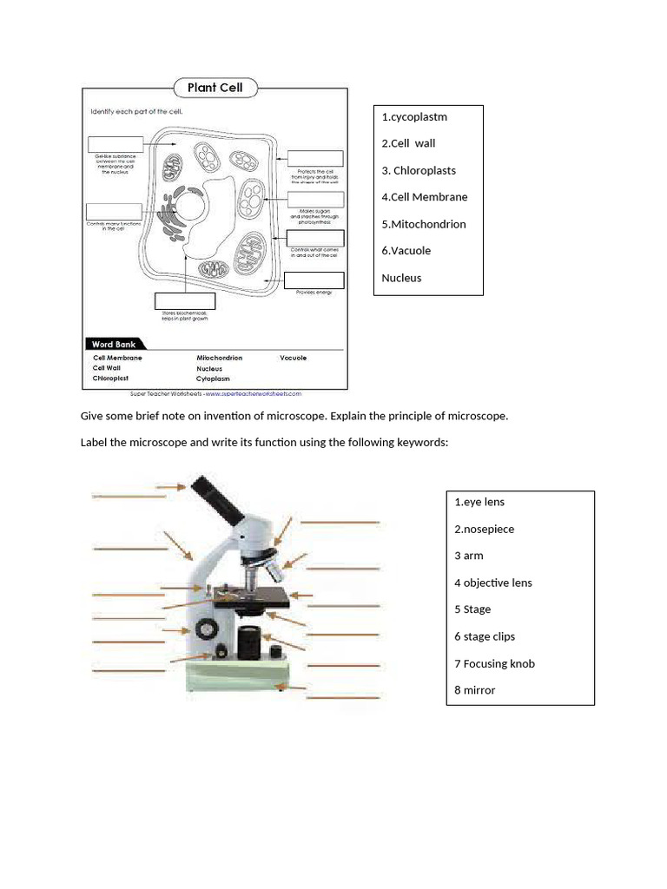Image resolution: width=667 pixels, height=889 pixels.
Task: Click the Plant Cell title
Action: pyautogui.click(x=215, y=88)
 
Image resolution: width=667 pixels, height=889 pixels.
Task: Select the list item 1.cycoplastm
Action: pyautogui.click(x=414, y=117)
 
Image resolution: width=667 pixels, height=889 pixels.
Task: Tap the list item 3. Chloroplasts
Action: pyautogui.click(x=419, y=170)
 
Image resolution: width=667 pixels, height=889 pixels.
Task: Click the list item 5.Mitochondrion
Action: pyautogui.click(x=424, y=224)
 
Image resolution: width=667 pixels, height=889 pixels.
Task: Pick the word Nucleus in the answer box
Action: pyautogui.click(x=401, y=278)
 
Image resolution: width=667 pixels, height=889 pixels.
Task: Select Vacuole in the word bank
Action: pyautogui.click(x=293, y=358)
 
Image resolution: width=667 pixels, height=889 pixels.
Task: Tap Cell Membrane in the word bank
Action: pyautogui.click(x=117, y=358)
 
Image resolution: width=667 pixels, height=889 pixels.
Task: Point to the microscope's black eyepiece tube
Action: pyautogui.click(x=219, y=498)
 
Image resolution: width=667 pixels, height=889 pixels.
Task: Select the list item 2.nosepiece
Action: pyautogui.click(x=484, y=529)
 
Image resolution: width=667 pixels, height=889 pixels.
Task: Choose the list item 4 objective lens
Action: pyautogui.click(x=492, y=583)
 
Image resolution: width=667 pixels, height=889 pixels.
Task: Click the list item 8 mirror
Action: pyautogui.click(x=474, y=690)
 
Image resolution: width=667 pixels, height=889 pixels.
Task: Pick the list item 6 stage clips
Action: pyautogui.click(x=484, y=636)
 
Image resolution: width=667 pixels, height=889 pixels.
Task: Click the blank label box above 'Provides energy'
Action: pyautogui.click(x=314, y=280)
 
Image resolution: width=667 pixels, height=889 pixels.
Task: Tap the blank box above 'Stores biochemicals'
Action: pyautogui.click(x=184, y=301)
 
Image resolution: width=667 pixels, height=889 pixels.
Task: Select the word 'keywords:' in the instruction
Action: pyautogui.click(x=424, y=443)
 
